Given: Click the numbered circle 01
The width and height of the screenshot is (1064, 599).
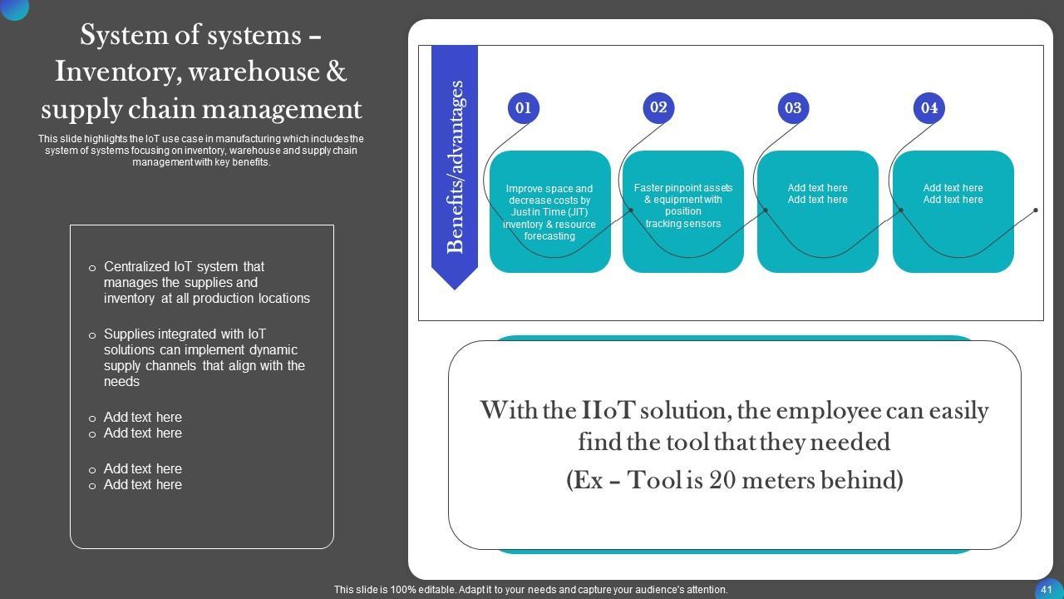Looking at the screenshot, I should point(523,108).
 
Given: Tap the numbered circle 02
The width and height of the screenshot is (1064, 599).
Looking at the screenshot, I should point(658,107).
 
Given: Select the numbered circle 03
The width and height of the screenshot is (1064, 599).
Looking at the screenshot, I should point(793,108).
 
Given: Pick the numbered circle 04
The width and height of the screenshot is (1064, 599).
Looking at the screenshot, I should point(929,108).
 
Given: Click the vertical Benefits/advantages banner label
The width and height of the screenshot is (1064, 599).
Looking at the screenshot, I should point(455,166).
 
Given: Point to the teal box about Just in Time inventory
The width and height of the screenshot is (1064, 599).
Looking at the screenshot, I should point(549,212).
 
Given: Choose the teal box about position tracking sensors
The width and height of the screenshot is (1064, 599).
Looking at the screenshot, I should point(683,206).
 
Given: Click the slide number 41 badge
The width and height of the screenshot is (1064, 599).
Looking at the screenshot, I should point(1047,589).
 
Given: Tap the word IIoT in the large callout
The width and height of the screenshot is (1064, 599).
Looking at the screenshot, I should point(611,411).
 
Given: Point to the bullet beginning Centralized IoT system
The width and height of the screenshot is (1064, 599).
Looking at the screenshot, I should point(206,283).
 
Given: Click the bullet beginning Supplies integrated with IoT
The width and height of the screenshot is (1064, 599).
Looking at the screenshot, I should point(204,358).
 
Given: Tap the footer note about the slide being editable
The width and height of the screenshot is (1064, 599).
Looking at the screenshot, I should point(531,590).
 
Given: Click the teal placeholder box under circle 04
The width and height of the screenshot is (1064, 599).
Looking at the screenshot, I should point(953,212).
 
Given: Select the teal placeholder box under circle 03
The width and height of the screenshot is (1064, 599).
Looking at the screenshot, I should point(818,212).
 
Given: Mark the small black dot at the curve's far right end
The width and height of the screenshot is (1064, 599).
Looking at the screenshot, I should point(1036,210).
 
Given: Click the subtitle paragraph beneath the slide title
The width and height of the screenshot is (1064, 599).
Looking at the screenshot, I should point(201,151).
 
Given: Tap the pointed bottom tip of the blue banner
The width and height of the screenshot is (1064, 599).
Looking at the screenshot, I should point(455,287).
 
